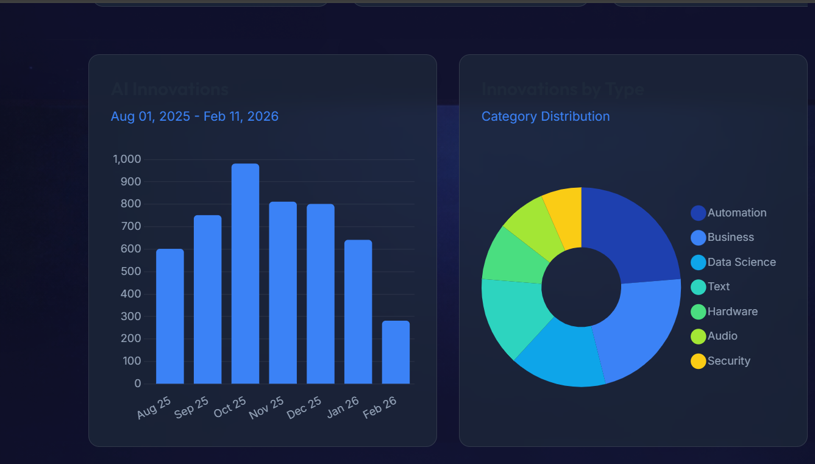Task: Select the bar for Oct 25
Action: [245, 274]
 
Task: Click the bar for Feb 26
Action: [396, 352]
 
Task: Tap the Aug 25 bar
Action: [169, 316]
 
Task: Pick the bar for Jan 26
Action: [358, 312]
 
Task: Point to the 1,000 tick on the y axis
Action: [127, 160]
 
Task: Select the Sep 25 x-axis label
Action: [191, 408]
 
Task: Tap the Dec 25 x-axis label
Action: [304, 408]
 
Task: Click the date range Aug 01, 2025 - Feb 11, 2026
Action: [194, 116]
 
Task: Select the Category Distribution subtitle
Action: [545, 116]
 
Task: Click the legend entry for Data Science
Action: [741, 262]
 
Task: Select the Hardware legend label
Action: [732, 312]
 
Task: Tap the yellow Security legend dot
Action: [698, 361]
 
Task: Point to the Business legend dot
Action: [698, 238]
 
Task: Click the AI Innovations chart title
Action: [169, 90]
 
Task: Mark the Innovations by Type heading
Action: [563, 90]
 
